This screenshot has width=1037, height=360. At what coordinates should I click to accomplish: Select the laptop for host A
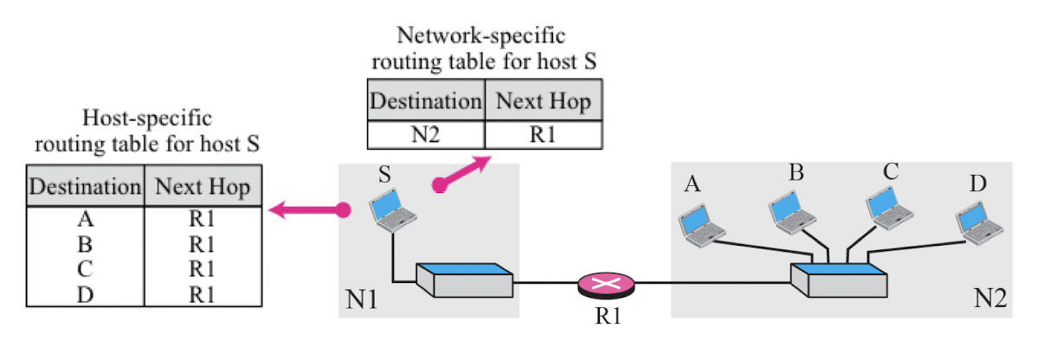point(702,225)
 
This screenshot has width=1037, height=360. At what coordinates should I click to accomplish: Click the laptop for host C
point(890,208)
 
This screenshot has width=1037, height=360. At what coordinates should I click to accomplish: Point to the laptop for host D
point(981,222)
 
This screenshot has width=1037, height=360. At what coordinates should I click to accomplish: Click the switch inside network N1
point(464,280)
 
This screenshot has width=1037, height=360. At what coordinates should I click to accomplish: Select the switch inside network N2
point(839,280)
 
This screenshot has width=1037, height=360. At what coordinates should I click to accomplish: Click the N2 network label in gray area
point(991,300)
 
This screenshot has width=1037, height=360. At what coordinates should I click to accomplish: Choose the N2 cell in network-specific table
point(426,134)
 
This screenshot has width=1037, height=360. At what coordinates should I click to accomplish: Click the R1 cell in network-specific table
point(544,134)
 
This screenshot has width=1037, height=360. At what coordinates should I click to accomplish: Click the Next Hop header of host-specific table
point(203,187)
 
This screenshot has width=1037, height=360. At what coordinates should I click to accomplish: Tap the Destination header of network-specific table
point(425,102)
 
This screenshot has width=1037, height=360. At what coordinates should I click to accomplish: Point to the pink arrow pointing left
point(307,211)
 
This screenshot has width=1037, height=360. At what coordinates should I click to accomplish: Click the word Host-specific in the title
point(147,119)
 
